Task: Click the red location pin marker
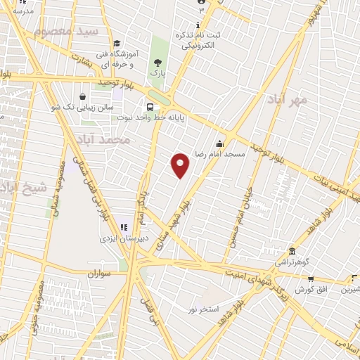pos(181,165)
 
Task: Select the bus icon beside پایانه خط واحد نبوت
pos(149,107)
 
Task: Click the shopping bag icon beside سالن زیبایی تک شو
pos(83,96)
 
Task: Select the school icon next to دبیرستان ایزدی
pos(124,226)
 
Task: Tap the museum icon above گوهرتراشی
pos(291,251)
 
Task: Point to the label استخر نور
pos(204,309)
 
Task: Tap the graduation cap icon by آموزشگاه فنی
pos(116,44)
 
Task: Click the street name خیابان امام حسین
pos(238,211)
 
